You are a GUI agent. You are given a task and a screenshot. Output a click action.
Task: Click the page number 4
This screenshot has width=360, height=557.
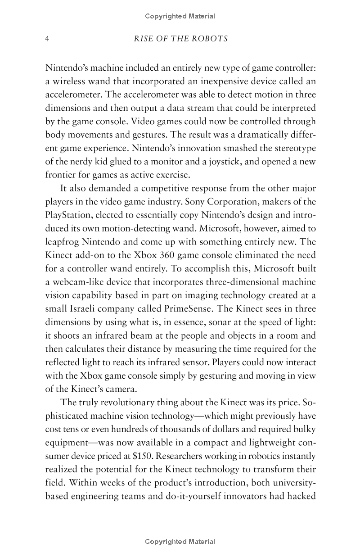47,39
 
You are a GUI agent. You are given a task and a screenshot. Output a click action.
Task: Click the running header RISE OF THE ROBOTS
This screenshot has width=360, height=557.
180,39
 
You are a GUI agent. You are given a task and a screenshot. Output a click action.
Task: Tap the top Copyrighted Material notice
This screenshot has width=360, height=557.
180,16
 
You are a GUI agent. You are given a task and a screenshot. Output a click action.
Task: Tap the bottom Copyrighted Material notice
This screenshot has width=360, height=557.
180,542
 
